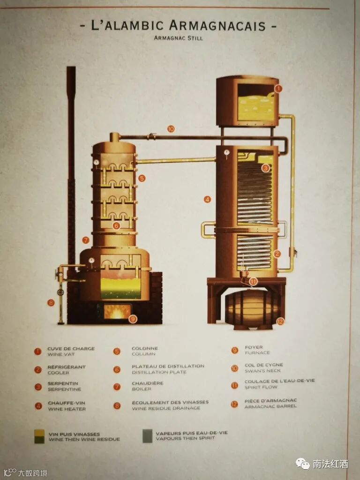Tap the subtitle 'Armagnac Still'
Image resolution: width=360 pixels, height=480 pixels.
(x=178, y=38)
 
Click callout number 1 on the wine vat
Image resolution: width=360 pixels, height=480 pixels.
(x=278, y=88)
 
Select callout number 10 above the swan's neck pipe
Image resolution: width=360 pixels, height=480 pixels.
(x=171, y=128)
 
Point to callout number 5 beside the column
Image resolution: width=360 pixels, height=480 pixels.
(x=142, y=178)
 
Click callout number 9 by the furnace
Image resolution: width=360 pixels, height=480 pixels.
(x=133, y=319)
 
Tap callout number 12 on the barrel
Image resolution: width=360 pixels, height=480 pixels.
(x=280, y=322)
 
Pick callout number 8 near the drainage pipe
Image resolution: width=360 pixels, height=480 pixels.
(x=51, y=303)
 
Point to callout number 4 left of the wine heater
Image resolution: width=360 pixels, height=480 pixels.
(x=207, y=199)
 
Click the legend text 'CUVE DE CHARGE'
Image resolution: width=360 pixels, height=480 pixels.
(x=71, y=349)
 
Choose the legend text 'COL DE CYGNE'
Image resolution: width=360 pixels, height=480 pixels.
(x=263, y=365)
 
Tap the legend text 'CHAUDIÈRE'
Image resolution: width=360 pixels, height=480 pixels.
(x=148, y=383)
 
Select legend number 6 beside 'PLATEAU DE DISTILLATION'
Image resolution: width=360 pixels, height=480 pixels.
(x=117, y=369)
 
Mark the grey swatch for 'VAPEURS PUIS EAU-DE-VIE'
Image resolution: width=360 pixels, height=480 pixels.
(x=148, y=436)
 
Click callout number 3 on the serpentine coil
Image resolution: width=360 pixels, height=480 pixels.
(x=265, y=168)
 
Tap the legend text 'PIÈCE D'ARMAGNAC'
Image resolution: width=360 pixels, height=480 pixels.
(x=270, y=401)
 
